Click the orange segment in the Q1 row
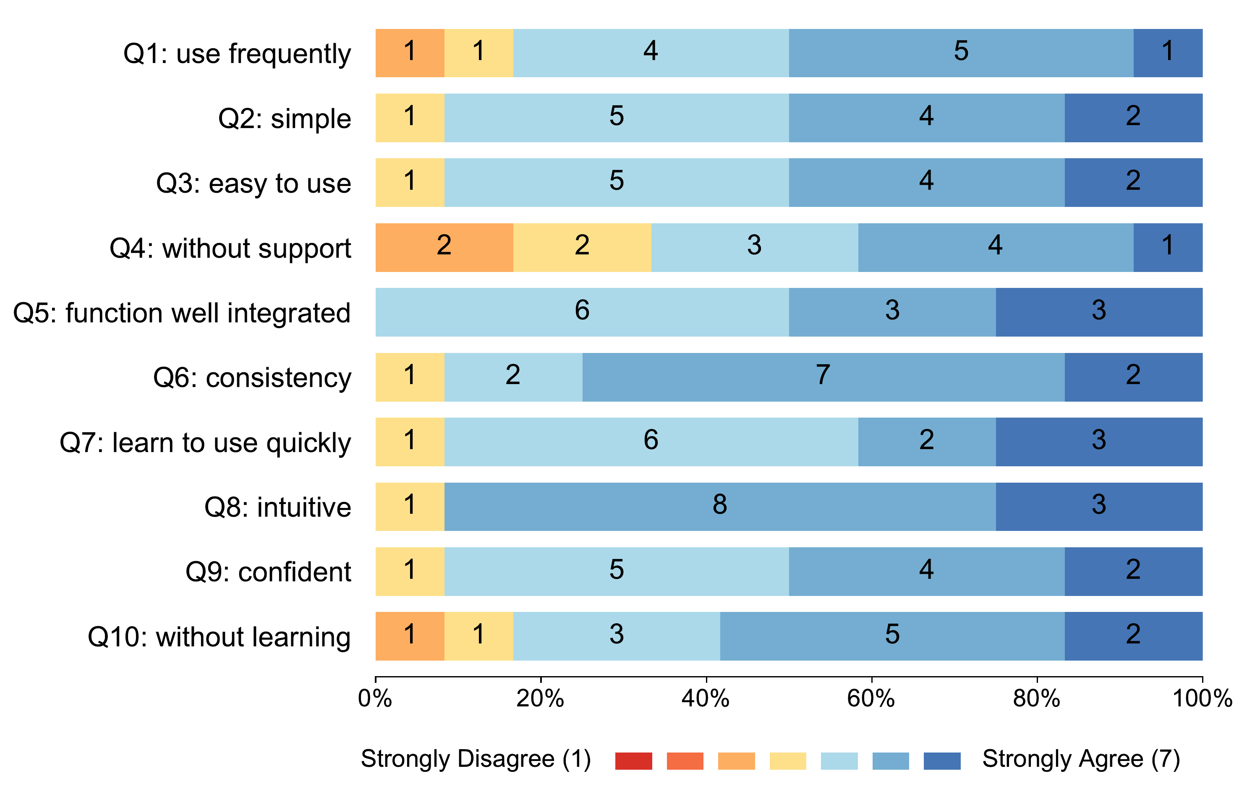click(x=410, y=53)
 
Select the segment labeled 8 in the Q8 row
click(x=719, y=507)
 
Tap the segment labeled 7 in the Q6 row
click(x=823, y=377)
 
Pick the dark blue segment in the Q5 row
click(x=1098, y=312)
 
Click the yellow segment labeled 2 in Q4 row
click(x=582, y=248)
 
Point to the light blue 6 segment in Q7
click(x=651, y=442)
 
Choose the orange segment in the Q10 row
click(x=410, y=636)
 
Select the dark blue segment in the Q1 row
click(x=1167, y=53)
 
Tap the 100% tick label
click(x=1201, y=699)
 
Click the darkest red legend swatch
click(x=633, y=761)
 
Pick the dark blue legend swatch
click(x=942, y=761)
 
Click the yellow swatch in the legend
click(x=788, y=761)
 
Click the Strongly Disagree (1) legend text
click(x=476, y=759)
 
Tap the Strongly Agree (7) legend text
click(x=1081, y=759)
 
